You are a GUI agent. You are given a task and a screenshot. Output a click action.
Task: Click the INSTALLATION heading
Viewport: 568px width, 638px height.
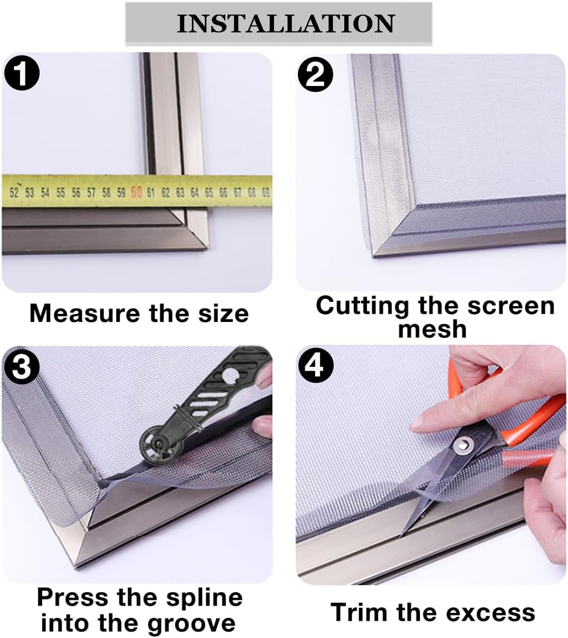click(x=285, y=23)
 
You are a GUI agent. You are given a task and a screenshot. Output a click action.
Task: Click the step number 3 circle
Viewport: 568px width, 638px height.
click(x=21, y=367)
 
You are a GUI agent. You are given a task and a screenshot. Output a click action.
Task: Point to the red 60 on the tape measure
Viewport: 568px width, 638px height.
click(x=136, y=192)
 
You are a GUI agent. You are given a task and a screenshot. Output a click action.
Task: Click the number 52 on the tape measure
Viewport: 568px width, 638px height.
click(x=15, y=192)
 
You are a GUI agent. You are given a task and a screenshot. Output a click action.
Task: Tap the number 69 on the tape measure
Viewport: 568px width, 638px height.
click(x=265, y=192)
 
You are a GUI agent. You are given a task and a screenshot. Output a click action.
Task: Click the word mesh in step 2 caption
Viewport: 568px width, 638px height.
click(x=432, y=329)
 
